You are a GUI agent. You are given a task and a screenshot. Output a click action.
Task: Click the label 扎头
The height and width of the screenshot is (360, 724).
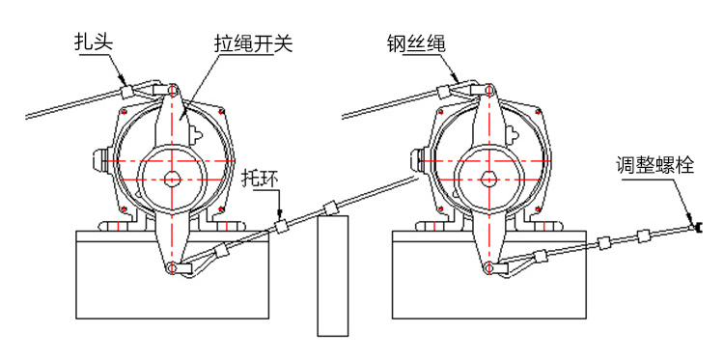pos(95,42)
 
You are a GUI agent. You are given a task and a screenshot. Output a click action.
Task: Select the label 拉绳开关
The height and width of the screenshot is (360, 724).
pos(254,43)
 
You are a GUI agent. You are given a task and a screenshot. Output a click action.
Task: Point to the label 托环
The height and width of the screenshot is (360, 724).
pos(261,180)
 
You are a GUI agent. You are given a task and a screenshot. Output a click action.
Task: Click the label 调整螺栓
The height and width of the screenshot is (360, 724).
pos(654,164)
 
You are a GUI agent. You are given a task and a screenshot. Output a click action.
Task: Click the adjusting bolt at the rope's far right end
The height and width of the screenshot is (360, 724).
pos(697,227)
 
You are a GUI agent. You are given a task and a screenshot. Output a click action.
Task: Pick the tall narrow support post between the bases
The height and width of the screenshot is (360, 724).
pos(332,275)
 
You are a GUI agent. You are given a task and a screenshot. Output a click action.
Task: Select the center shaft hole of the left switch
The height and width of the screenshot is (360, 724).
pos(173,179)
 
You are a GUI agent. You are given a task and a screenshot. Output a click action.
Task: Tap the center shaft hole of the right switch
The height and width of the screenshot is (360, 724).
pos(487,179)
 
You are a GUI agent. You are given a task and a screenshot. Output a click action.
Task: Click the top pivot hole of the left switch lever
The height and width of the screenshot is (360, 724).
pos(172,90)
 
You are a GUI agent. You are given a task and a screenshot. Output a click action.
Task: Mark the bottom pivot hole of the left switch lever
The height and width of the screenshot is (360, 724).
pos(172,267)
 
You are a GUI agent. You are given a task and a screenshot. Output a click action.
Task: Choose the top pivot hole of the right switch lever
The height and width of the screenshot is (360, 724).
pos(487,90)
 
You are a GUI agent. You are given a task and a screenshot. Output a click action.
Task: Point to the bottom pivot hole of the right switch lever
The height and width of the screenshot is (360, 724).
pos(487,266)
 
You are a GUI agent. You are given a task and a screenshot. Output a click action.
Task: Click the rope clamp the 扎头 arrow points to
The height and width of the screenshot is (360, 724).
pos(127,91)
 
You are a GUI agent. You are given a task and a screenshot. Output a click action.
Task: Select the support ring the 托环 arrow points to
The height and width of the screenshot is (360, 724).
pos(281,227)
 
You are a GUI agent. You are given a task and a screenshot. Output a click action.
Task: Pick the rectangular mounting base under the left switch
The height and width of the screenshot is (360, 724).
pos(172,275)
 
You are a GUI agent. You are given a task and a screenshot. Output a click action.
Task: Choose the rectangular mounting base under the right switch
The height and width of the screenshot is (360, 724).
pos(487,275)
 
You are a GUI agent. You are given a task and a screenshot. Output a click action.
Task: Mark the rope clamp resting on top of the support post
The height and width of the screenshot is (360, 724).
pos(330,208)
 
